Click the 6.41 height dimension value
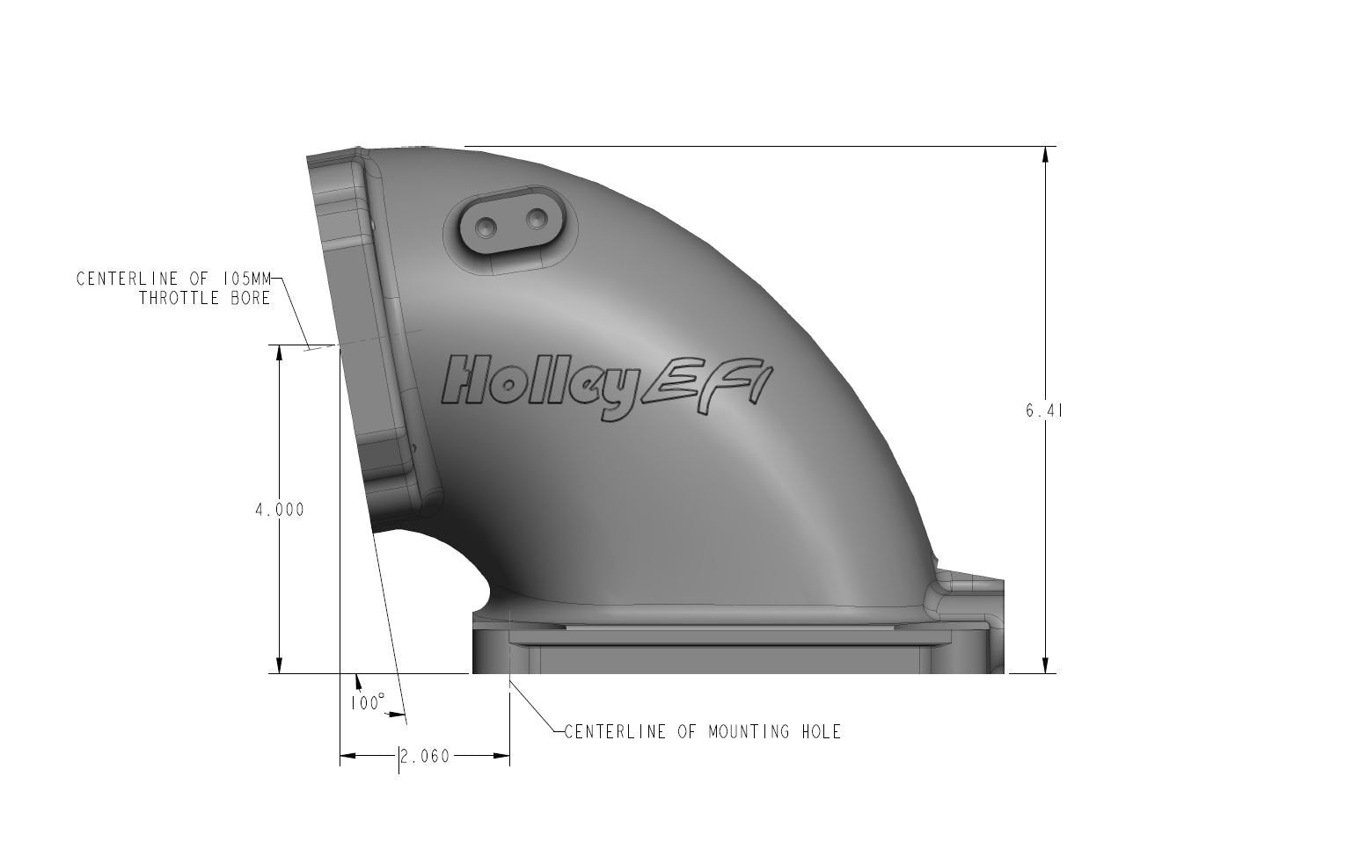[x=1044, y=410]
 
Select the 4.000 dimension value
[x=280, y=509]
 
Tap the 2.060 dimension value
[x=425, y=756]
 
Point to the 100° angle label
[x=367, y=703]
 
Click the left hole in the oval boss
[x=485, y=227]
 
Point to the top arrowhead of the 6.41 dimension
[x=1045, y=155]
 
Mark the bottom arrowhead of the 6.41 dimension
[x=1045, y=664]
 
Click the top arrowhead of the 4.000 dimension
[x=280, y=352]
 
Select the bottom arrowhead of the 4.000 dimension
[x=280, y=665]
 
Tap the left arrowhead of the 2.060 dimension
[x=349, y=756]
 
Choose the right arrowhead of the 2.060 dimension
[x=501, y=756]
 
